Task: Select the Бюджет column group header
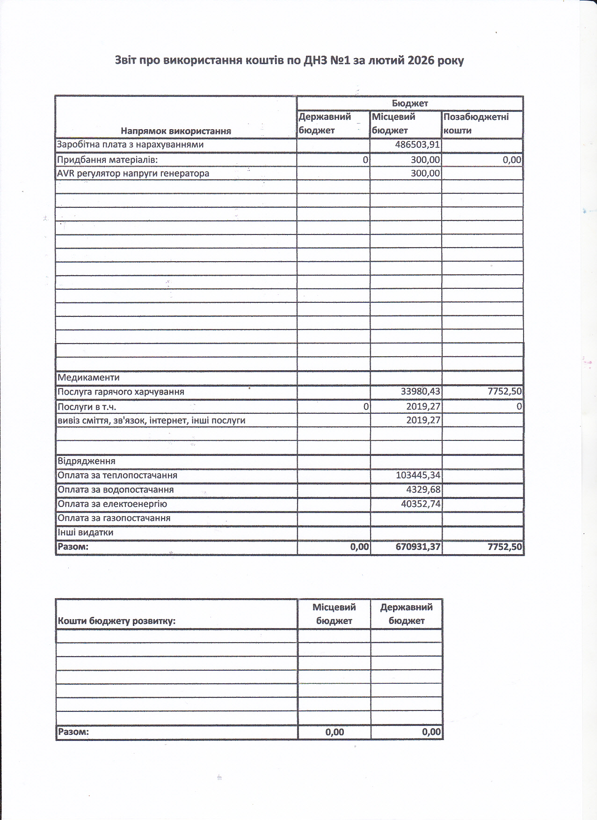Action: click(410, 103)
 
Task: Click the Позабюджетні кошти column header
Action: click(476, 124)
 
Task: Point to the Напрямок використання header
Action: click(176, 131)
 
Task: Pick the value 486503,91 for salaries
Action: click(417, 145)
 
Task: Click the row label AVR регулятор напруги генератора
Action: click(133, 174)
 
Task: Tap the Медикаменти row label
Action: click(88, 378)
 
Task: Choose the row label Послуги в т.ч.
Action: click(87, 407)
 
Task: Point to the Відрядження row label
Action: click(87, 461)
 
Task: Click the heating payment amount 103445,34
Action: click(418, 476)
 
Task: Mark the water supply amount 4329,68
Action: click(423, 490)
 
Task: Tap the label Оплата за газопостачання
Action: click(114, 519)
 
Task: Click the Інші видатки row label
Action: click(85, 533)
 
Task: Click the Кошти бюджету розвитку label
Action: click(116, 622)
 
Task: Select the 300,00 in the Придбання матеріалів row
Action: click(425, 160)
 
